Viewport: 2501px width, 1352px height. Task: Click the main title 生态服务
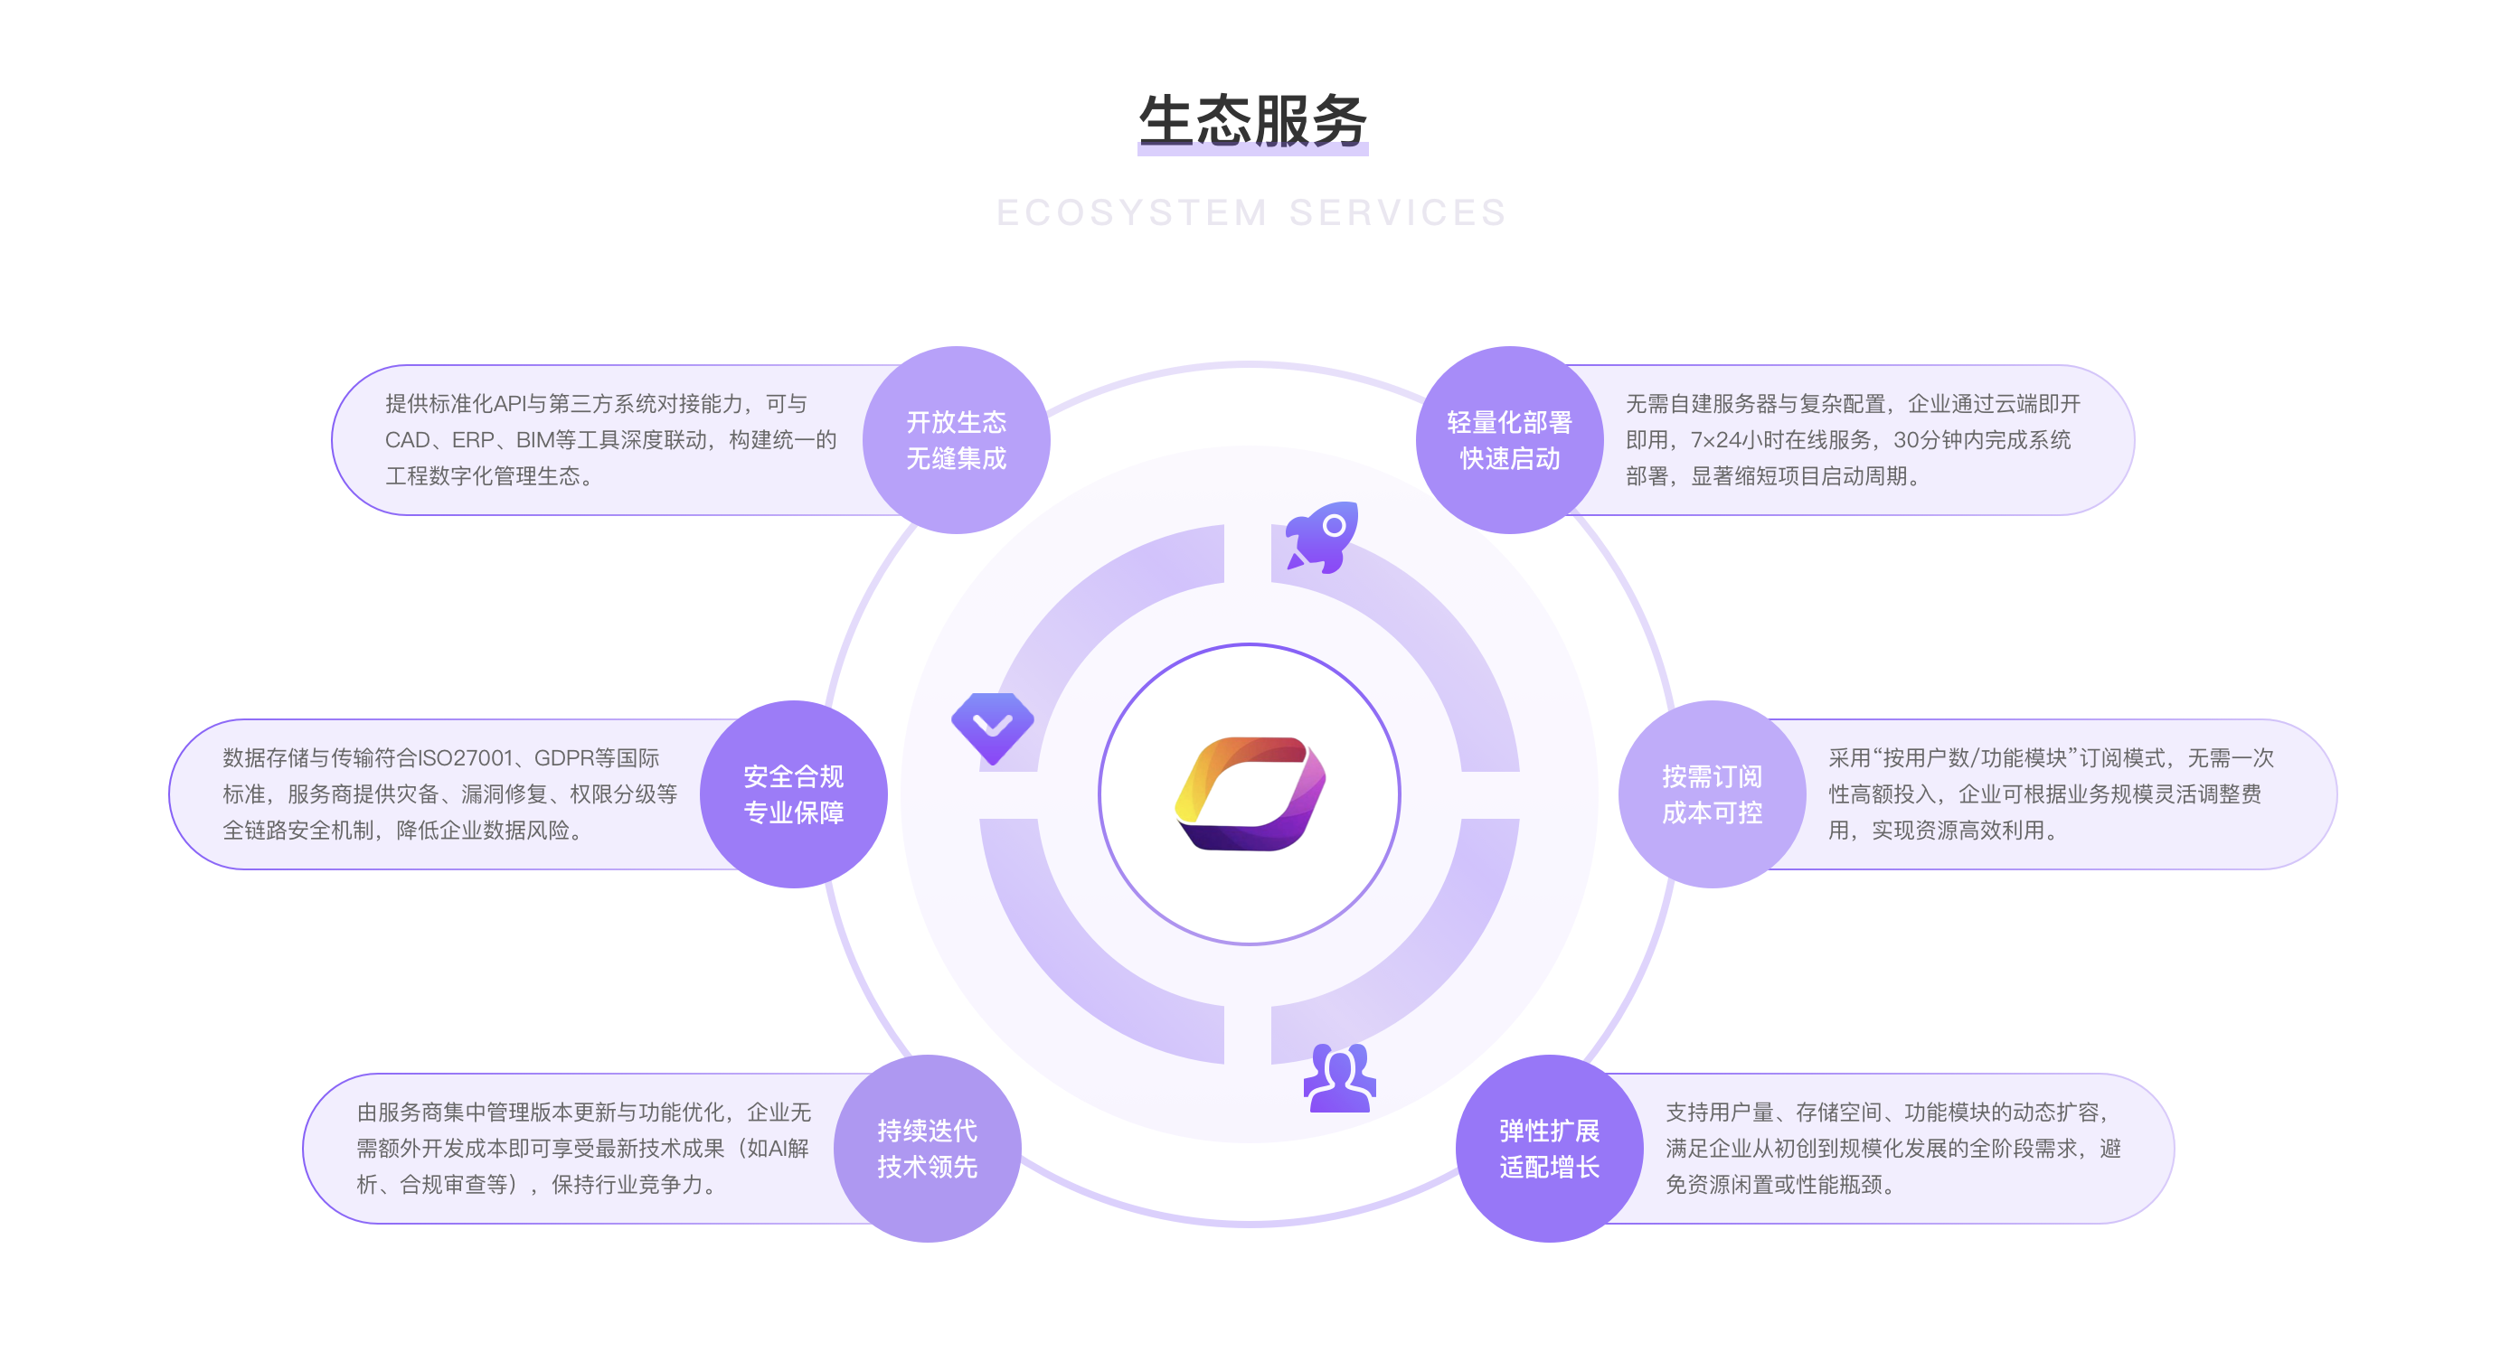[1252, 121]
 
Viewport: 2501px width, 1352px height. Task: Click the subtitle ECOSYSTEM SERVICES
[1251, 212]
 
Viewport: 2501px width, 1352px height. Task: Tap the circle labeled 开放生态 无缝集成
[957, 439]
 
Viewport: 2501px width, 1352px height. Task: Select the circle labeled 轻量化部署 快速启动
[1510, 439]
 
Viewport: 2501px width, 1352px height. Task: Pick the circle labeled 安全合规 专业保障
[793, 793]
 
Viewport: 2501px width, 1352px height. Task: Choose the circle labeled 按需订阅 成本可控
[1712, 793]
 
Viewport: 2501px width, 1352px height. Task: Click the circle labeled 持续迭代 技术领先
[927, 1148]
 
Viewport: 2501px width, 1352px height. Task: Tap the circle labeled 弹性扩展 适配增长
[1549, 1148]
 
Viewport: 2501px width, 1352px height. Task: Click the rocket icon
[1321, 537]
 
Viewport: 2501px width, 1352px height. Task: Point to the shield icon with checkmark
[992, 728]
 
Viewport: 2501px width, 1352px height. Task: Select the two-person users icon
[1340, 1077]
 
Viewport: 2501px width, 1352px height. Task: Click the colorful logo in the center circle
[1250, 793]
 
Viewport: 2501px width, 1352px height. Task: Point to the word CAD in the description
[408, 439]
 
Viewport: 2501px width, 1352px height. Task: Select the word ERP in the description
[474, 439]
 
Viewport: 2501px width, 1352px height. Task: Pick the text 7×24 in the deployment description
[1716, 439]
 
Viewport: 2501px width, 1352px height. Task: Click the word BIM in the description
[535, 439]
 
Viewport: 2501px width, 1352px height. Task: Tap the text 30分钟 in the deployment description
[1926, 439]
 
